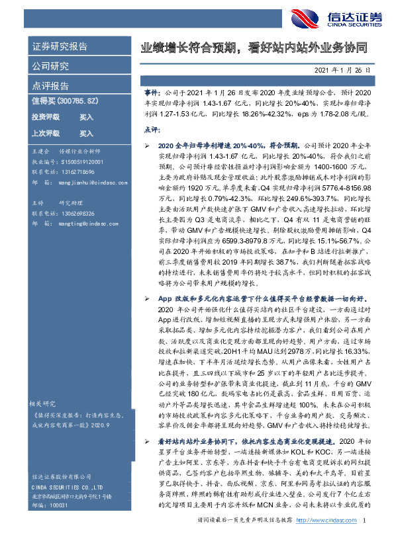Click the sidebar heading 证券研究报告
pyautogui.click(x=60, y=46)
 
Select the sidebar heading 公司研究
pyautogui.click(x=50, y=65)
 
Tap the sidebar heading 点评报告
pyautogui.click(x=50, y=85)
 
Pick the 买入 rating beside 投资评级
pyautogui.click(x=87, y=117)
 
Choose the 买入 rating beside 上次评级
pyautogui.click(x=87, y=133)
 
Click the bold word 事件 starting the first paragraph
pyautogui.click(x=152, y=95)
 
